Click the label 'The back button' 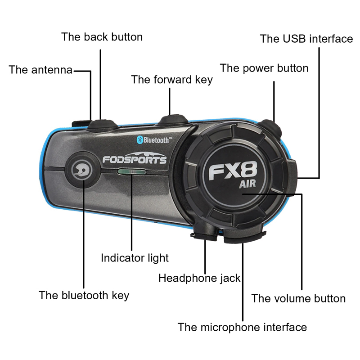coord(102,37)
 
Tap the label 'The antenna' coord(40,70)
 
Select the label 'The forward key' coord(172,80)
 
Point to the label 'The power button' coord(264,68)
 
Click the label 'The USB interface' coord(306,39)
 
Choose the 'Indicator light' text coord(135,258)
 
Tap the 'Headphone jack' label coord(199,278)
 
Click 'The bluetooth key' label coord(84,295)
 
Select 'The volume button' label coord(298,298)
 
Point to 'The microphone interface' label coord(242,327)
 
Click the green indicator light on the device coord(132,171)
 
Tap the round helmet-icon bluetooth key coord(82,170)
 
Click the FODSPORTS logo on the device coord(135,158)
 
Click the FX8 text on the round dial coord(233,171)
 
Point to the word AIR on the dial coord(247,184)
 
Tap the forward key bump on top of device coord(173,120)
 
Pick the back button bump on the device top coord(103,125)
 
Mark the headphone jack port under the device coord(204,233)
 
